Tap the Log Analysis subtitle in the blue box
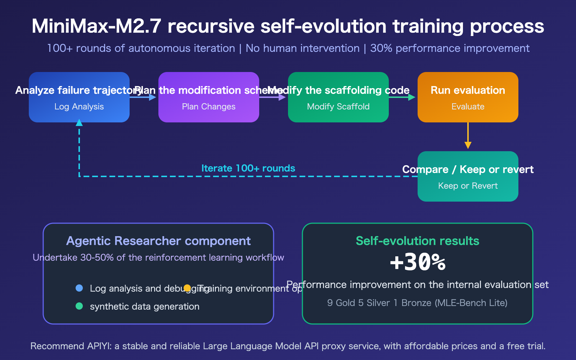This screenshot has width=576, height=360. (79, 107)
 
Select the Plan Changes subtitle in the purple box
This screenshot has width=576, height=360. (209, 107)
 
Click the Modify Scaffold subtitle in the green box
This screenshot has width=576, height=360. (338, 107)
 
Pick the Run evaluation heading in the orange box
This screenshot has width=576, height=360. (468, 90)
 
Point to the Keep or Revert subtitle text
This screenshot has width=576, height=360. (468, 186)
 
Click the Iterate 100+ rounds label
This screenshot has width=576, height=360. (248, 168)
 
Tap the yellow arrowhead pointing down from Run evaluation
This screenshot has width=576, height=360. (468, 145)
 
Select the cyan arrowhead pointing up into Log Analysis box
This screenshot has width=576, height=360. (79, 123)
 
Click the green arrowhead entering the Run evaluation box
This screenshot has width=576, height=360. (412, 97)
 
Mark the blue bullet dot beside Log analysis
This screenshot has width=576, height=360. (79, 288)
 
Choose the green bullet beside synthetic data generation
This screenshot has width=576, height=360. (79, 306)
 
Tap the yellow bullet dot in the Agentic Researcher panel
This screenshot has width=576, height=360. (187, 288)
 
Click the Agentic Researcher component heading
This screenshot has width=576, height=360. (158, 241)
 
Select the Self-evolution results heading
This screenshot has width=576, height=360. (418, 241)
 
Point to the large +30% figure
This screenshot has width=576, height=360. (418, 262)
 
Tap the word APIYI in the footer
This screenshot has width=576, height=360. (99, 346)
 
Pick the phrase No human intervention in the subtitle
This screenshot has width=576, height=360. (302, 48)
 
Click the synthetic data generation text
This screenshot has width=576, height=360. (145, 306)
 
